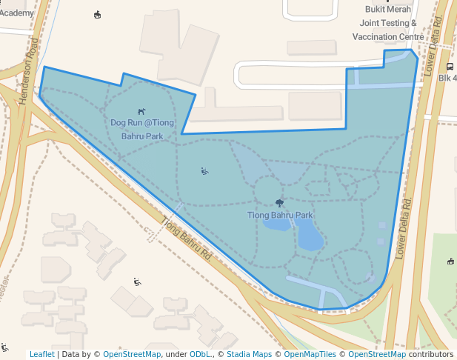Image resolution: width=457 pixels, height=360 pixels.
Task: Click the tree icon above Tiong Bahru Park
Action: click(279, 203)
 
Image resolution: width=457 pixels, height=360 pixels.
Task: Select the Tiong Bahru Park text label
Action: click(280, 215)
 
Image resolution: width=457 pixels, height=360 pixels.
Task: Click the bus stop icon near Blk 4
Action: click(450, 66)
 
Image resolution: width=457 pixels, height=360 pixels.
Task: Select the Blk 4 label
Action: click(447, 78)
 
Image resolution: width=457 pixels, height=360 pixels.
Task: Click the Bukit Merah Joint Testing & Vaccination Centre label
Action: click(387, 23)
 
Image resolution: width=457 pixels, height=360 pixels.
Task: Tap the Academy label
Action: click(17, 13)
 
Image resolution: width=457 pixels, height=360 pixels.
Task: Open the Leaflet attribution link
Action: click(41, 354)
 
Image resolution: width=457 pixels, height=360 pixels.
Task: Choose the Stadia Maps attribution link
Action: click(249, 354)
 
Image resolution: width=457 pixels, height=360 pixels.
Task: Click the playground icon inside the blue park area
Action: click(204, 171)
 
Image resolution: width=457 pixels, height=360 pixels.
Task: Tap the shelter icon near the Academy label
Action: click(98, 15)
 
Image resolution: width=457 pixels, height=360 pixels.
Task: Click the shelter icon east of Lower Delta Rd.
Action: click(450, 261)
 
